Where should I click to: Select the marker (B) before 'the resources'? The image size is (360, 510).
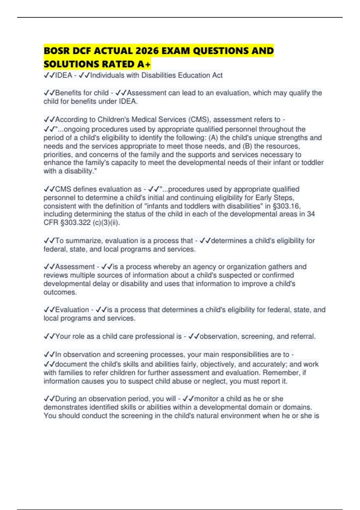pos(247,146)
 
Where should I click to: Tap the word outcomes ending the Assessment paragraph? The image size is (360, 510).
pos(60,292)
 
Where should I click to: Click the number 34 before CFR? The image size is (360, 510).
pos(311,214)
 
